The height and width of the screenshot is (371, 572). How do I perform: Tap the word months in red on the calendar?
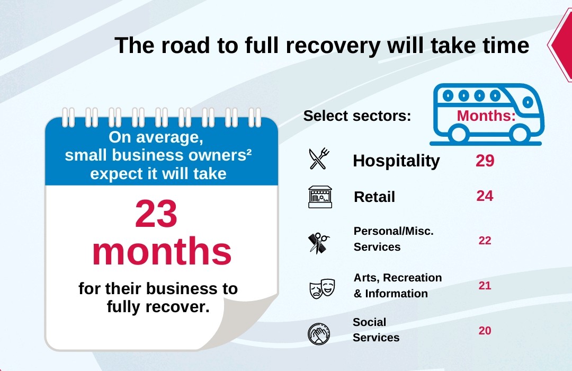(162, 253)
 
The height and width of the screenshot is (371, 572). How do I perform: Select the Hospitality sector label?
(396, 161)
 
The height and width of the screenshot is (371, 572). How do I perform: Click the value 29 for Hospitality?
(485, 161)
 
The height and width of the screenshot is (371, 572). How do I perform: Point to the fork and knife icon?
(319, 158)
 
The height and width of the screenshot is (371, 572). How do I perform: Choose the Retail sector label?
(374, 197)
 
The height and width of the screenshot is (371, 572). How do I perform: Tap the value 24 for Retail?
(485, 196)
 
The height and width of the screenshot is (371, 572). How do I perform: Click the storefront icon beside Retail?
(320, 197)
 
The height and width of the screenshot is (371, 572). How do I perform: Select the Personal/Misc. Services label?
(394, 239)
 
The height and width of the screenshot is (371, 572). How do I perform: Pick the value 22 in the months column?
(485, 241)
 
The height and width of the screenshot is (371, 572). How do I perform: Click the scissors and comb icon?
(319, 243)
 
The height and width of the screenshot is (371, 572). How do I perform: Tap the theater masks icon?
(322, 288)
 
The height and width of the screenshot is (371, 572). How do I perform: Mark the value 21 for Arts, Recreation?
(485, 286)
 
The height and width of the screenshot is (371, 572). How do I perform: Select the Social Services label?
(376, 330)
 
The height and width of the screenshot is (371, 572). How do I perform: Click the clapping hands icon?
(319, 333)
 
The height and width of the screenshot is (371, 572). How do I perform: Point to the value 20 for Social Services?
(485, 331)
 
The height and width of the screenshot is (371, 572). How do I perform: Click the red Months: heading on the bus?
(486, 116)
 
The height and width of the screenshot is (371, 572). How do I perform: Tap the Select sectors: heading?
(357, 116)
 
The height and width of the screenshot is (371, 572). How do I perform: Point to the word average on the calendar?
(173, 137)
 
